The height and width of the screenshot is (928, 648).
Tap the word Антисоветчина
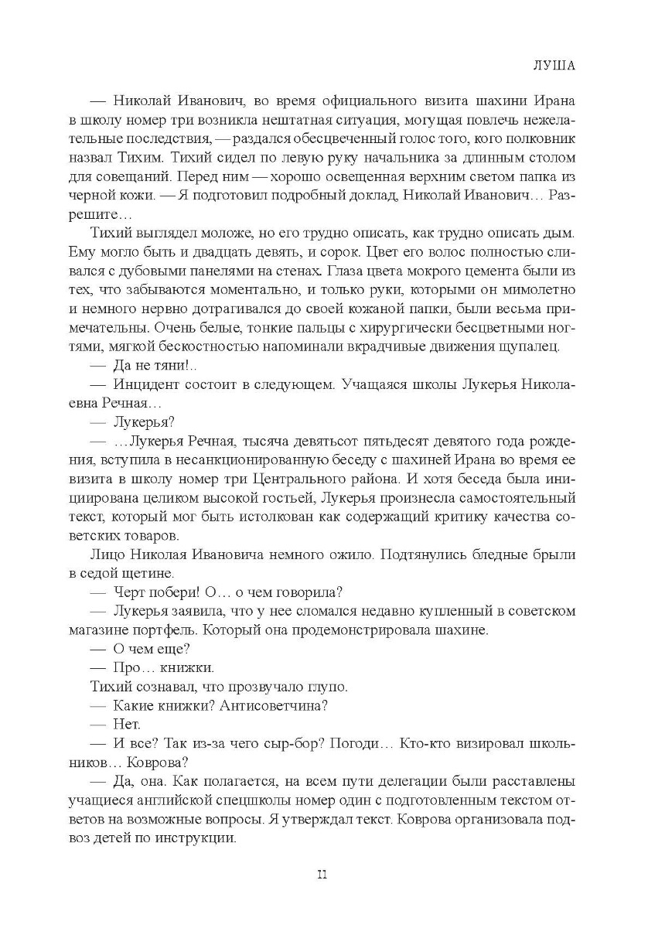tap(275, 703)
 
